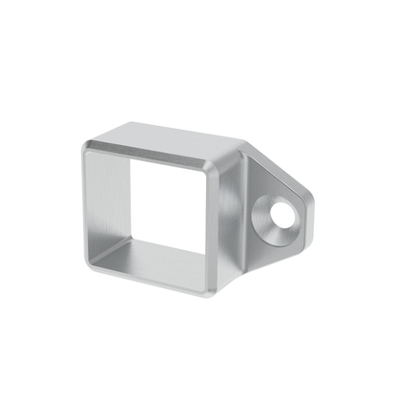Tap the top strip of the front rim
click(x=153, y=156)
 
